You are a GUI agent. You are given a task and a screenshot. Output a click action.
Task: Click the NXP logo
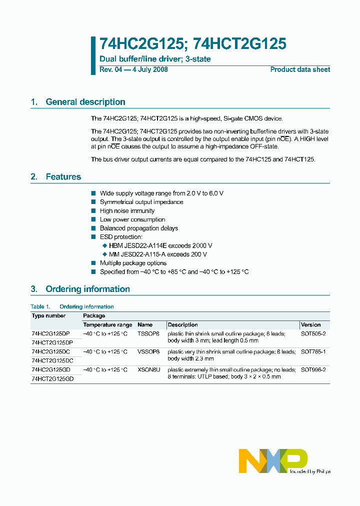point(273,460)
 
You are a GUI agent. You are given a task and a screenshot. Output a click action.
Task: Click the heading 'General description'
point(85,102)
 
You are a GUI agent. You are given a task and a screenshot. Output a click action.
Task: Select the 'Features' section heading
point(63,177)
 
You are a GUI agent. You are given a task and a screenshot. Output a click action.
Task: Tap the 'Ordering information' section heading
point(87,289)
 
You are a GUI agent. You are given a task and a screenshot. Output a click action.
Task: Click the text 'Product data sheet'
point(300,69)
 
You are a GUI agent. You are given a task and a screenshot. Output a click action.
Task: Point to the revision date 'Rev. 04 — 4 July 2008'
point(133,69)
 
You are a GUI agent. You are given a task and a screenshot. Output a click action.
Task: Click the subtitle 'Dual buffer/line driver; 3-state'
point(155,59)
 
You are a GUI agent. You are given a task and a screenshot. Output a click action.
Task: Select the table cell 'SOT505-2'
point(313,333)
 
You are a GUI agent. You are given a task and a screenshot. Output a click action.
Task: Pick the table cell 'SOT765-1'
point(313,352)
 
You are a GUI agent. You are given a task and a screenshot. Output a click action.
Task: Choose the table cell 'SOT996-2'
point(313,370)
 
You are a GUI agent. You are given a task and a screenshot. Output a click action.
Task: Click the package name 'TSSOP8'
point(148,333)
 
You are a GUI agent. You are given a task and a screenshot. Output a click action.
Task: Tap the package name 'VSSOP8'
point(148,352)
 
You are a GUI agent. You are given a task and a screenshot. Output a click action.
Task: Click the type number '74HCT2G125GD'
point(52,379)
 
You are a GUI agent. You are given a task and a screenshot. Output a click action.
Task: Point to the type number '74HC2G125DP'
point(51,333)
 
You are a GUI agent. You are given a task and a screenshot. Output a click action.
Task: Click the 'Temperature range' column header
point(107,325)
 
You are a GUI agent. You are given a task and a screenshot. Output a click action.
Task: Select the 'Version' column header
point(310,325)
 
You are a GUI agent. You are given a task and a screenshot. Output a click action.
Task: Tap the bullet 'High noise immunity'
point(127,211)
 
